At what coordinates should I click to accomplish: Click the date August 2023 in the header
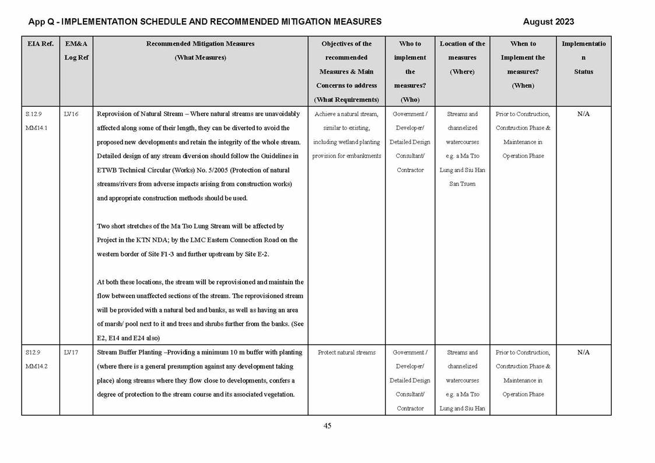(548, 22)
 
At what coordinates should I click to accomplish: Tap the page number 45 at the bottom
(327, 426)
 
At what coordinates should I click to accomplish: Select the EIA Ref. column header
(40, 44)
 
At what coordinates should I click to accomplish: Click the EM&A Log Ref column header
(76, 51)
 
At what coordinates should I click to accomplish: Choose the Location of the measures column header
(462, 57)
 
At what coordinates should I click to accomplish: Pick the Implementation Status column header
(583, 57)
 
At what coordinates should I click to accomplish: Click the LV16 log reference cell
(71, 114)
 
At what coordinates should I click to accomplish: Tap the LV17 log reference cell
(71, 353)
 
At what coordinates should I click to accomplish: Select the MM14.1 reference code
(36, 128)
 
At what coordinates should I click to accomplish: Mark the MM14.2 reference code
(36, 367)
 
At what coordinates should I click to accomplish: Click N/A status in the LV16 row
(583, 114)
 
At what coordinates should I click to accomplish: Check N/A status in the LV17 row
(583, 353)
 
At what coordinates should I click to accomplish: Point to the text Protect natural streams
(346, 353)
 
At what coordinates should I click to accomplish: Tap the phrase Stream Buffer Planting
(131, 353)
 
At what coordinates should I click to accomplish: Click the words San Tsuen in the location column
(462, 184)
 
